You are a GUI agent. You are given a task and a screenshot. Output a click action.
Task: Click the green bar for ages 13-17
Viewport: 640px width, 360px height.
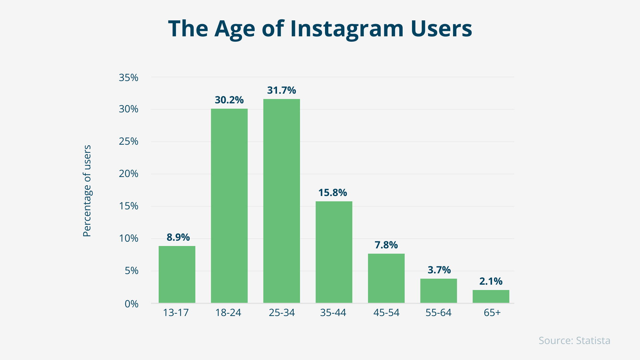pyautogui.click(x=177, y=274)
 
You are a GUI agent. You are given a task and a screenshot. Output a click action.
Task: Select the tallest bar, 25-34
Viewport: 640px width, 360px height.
pyautogui.click(x=281, y=201)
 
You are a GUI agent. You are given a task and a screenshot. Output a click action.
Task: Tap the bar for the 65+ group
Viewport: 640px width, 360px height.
pyautogui.click(x=491, y=296)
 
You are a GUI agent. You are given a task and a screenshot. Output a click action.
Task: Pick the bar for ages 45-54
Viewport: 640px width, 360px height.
pyautogui.click(x=386, y=278)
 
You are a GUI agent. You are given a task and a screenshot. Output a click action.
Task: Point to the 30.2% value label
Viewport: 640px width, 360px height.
pyautogui.click(x=229, y=100)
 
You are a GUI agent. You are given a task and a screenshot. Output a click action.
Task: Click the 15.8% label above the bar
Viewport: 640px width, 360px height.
pyautogui.click(x=333, y=193)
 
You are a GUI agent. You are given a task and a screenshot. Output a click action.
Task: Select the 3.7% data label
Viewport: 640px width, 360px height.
pyautogui.click(x=439, y=270)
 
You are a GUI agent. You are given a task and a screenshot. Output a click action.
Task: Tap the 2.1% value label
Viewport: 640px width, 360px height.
pyautogui.click(x=491, y=281)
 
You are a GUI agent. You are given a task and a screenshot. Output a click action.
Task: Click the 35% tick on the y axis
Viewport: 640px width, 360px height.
pyautogui.click(x=128, y=78)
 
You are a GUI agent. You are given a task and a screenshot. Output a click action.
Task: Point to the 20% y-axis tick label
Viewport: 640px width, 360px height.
pyautogui.click(x=128, y=174)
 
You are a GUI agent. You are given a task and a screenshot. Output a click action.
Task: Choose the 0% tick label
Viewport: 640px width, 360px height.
pyautogui.click(x=131, y=304)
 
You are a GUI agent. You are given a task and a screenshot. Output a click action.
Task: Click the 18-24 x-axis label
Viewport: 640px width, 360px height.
pyautogui.click(x=228, y=313)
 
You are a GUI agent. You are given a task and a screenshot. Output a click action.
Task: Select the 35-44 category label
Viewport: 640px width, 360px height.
pyautogui.click(x=333, y=313)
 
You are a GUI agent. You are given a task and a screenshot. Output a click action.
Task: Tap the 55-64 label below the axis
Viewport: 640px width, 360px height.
pyautogui.click(x=438, y=313)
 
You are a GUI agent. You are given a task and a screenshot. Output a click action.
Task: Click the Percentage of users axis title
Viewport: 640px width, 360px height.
pyautogui.click(x=87, y=191)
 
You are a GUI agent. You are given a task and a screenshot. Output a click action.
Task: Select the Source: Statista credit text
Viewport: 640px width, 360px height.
pyautogui.click(x=574, y=341)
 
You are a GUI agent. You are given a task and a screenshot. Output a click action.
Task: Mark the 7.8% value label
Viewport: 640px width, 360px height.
pyautogui.click(x=386, y=245)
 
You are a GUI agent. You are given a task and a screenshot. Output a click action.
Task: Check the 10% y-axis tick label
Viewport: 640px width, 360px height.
pyautogui.click(x=128, y=238)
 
